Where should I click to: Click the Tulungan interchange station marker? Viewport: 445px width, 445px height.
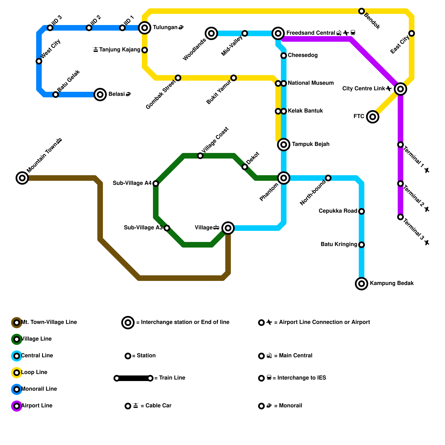[145, 28]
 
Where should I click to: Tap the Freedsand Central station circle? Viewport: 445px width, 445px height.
[278, 33]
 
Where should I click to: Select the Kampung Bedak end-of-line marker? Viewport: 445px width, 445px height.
[362, 284]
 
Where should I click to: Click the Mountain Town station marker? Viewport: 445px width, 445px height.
[22, 178]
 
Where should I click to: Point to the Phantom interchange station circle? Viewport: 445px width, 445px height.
[284, 178]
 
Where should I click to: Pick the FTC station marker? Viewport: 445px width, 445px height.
[373, 117]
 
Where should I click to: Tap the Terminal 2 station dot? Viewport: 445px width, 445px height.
[400, 184]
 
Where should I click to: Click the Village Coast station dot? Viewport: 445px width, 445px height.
[200, 156]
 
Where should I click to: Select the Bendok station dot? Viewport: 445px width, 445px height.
[362, 11]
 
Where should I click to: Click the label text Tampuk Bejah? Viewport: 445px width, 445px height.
[310, 144]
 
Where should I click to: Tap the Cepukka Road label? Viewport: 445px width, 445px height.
[338, 211]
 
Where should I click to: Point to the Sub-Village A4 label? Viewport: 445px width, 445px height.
[132, 183]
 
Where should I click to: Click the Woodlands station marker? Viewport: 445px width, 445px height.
[211, 33]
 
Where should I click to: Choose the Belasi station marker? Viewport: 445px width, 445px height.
[100, 95]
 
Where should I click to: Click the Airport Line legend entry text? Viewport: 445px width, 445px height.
[37, 406]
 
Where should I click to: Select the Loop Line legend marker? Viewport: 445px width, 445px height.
[17, 373]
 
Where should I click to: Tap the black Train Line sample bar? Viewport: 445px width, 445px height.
[133, 378]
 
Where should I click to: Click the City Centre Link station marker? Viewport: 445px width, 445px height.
[400, 89]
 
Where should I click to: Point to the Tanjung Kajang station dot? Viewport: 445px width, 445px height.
[145, 50]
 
